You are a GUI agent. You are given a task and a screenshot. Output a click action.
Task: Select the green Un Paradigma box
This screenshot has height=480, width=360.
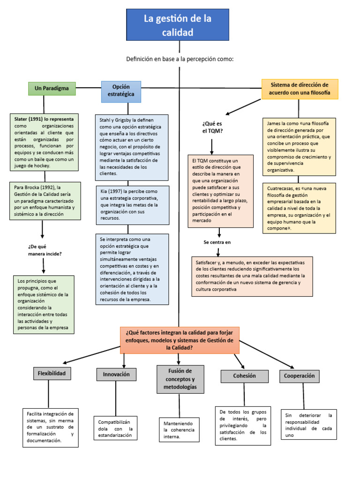coord(52,88)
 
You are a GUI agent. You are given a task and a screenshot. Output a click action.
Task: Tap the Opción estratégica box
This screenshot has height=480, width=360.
coord(121,91)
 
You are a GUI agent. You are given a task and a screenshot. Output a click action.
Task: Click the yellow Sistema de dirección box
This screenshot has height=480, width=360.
coord(300,89)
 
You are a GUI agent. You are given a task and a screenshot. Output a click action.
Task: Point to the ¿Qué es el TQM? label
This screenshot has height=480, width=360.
coord(212,127)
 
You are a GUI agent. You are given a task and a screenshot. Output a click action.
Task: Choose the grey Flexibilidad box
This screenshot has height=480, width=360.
coord(52,373)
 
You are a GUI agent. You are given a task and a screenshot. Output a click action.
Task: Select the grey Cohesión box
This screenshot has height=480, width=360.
coord(244,376)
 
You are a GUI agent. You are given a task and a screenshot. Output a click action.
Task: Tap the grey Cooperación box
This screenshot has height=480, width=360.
coord(300,376)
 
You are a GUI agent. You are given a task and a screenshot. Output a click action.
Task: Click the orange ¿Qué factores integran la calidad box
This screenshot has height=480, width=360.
coord(180,340)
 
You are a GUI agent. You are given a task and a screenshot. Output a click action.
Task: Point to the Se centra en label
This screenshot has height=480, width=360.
coord(217,242)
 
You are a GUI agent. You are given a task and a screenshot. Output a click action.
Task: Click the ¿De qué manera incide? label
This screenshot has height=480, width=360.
coord(45,250)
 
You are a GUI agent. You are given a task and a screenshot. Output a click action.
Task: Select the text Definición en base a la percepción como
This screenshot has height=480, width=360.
coord(180,59)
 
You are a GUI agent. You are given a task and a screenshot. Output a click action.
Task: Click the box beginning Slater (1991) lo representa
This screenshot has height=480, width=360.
coord(44,142)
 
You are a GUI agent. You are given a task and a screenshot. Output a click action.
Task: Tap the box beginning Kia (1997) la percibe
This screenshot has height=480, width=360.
coord(132,205)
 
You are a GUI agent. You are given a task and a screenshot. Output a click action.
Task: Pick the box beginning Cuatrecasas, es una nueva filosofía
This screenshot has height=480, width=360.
coord(299,208)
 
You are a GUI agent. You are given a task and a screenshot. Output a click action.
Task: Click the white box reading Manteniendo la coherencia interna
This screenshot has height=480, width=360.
coord(179,430)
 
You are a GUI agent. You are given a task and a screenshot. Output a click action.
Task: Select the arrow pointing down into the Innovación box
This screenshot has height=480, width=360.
coord(124,361)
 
